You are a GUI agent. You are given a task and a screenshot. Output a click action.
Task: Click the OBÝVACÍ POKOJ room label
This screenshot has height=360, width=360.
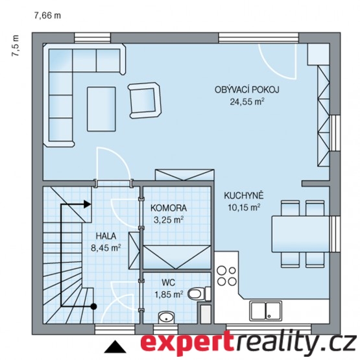pos(247,90)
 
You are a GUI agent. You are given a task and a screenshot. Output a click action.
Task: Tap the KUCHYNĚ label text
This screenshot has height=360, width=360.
pos(244,196)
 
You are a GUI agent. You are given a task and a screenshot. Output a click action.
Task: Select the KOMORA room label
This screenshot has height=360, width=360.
pos(169,208)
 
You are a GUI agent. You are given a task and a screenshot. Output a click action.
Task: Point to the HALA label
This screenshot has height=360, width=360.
pos(106,236)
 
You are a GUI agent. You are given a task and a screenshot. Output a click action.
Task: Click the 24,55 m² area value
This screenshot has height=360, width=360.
pos(247,101)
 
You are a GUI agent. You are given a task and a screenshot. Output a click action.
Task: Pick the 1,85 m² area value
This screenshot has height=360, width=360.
pos(169,294)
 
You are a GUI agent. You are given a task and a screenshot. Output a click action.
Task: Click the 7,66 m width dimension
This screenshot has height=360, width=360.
pos(47,16)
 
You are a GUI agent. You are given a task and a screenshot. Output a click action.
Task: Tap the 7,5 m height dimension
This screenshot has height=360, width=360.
pos(16,45)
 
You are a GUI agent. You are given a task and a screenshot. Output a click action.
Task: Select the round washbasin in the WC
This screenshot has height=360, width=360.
pos(166,318)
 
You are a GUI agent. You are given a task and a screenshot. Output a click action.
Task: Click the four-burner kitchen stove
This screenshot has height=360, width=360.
pos(226,276)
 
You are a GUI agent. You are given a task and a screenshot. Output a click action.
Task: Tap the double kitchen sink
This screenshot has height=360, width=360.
pos(266,311)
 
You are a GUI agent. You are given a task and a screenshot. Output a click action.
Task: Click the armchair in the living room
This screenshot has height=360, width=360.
pos(145,101)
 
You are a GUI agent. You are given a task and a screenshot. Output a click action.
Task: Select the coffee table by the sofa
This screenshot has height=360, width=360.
pos(101,109)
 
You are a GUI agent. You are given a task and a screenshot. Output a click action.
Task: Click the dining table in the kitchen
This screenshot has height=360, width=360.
pos(301,234)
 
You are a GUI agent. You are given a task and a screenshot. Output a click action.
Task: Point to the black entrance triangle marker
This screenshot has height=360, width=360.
pos(115,346)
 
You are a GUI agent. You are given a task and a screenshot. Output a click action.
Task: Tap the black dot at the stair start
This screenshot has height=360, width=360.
pos(93,306)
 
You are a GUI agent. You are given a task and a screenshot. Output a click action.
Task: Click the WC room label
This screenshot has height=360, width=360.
pos(168,282)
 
